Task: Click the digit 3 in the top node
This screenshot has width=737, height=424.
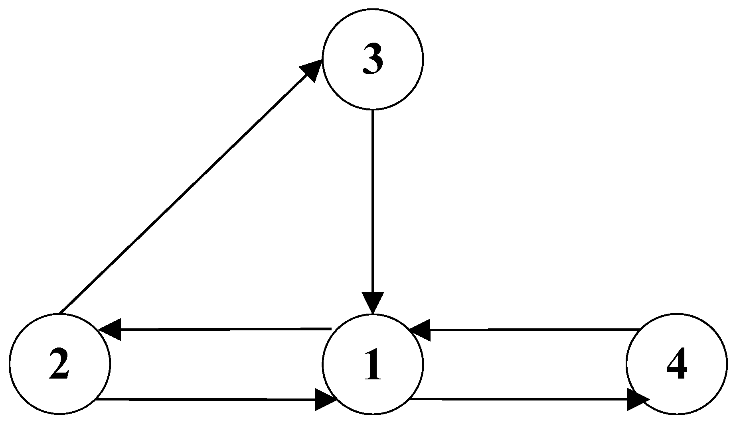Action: pyautogui.click(x=373, y=60)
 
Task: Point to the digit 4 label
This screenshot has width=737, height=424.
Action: pyautogui.click(x=677, y=363)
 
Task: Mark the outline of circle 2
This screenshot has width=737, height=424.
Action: pyautogui.click(x=10, y=363)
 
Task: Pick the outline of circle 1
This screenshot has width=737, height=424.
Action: pyautogui.click(x=423, y=363)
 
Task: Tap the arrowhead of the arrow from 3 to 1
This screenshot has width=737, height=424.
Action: pyautogui.click(x=373, y=305)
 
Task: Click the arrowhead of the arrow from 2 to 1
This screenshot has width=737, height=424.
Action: pyautogui.click(x=325, y=400)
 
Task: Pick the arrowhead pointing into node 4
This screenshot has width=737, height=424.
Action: pyautogui.click(x=636, y=400)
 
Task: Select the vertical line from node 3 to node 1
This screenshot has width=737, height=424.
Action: pyautogui.click(x=373, y=199)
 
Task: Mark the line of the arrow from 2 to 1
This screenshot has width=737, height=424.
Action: pyautogui.click(x=207, y=399)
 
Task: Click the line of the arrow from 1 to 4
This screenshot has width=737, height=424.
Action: pyautogui.click(x=519, y=399)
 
